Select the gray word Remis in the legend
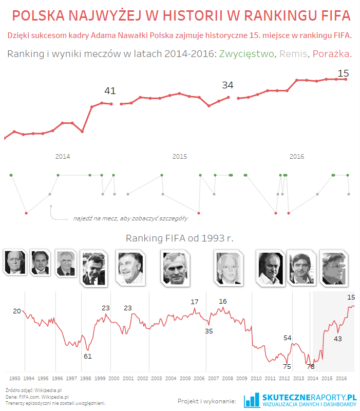pyautogui.click(x=292, y=54)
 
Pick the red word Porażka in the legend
pyautogui.click(x=332, y=54)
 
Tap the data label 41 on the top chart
pyautogui.click(x=110, y=91)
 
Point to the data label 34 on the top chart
pyautogui.click(x=228, y=85)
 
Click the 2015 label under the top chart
pyautogui.click(x=179, y=156)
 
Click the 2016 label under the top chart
pyautogui.click(x=297, y=156)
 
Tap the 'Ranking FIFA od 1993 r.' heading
pyautogui.click(x=180, y=238)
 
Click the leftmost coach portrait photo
pyautogui.click(x=13, y=262)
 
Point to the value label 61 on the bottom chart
pyautogui.click(x=87, y=356)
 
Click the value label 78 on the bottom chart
pyautogui.click(x=311, y=366)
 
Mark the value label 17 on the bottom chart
pyautogui.click(x=195, y=302)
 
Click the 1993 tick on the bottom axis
pyautogui.click(x=15, y=378)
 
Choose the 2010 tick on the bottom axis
pyautogui.click(x=256, y=378)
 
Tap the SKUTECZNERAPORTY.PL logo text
pyautogui.click(x=309, y=397)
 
